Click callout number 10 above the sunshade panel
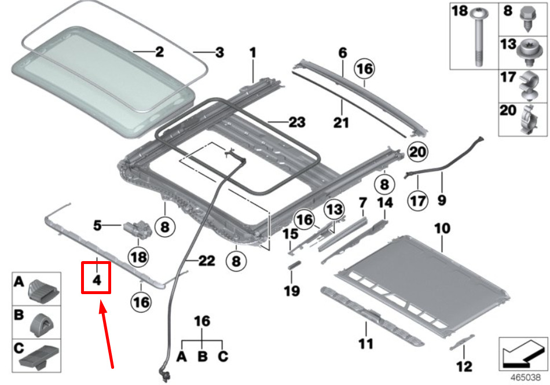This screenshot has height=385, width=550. click(x=442, y=229)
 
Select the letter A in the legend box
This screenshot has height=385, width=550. click(x=19, y=282)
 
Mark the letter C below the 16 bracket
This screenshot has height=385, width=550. click(x=223, y=357)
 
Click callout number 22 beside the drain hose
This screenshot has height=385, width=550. click(x=207, y=261)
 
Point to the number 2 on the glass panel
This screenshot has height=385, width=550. click(x=159, y=52)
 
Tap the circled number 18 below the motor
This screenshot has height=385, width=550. click(x=138, y=256)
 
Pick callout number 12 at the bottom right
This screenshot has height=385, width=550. click(x=464, y=366)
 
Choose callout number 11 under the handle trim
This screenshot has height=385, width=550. click(x=365, y=344)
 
